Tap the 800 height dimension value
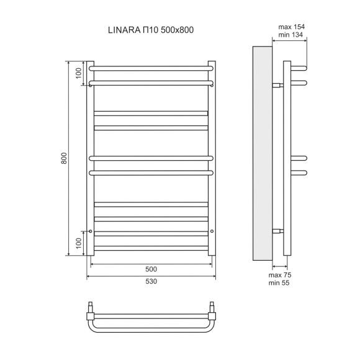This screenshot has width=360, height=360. [x=64, y=159]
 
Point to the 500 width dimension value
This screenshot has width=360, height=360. [x=151, y=269]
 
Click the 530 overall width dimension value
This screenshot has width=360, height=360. [x=151, y=281]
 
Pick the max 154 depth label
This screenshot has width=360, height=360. [x=291, y=27]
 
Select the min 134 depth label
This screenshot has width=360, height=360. [x=291, y=35]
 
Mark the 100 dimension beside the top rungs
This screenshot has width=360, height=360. [x=79, y=73]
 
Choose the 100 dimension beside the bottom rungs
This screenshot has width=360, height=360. [x=79, y=243]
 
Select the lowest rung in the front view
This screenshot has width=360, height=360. [x=151, y=248]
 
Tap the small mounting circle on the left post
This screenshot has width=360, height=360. [x=91, y=231]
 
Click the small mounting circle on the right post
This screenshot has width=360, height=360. [x=212, y=231]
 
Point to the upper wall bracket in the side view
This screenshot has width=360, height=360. [x=277, y=85]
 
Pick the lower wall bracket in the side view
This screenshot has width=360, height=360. [x=277, y=231]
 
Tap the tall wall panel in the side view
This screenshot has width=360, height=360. [x=261, y=152]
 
